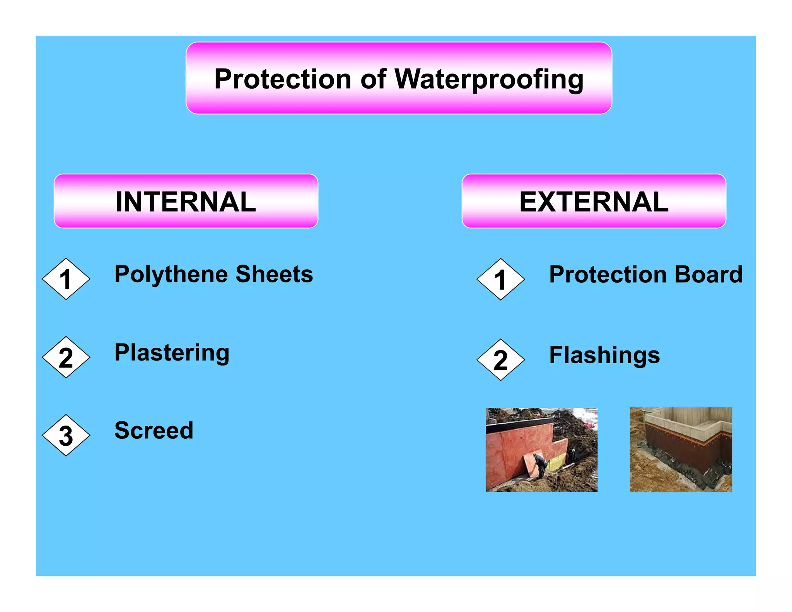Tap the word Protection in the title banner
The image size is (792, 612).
coord(283,79)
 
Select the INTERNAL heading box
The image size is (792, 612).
coord(186,201)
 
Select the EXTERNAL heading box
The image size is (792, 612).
coord(594,201)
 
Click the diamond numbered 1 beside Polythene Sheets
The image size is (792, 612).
coord(66,279)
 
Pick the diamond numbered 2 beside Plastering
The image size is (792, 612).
coord(66,357)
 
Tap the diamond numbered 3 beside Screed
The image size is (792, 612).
coord(66,435)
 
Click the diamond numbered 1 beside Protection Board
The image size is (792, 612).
coord(501,279)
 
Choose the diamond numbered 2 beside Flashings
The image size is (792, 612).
coord(501,360)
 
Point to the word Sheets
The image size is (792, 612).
coord(274,274)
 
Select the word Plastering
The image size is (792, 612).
coord(172,353)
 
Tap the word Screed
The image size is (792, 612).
coord(154,431)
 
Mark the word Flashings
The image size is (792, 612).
coord(604,355)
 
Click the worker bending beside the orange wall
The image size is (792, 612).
coord(540,464)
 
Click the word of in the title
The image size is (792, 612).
coord(373,79)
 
